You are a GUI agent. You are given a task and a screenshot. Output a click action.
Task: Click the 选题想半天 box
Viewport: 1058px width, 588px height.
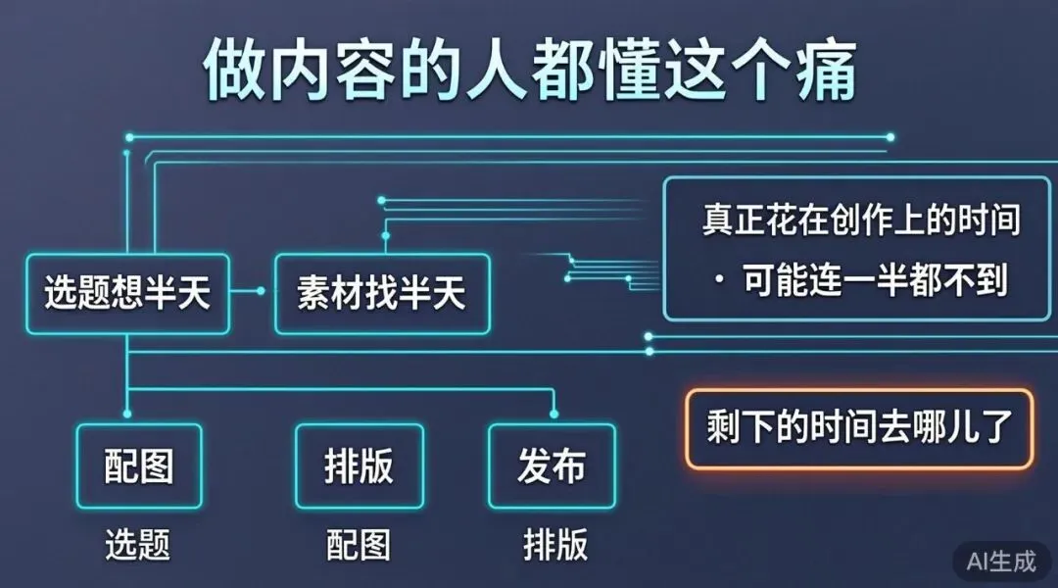127,293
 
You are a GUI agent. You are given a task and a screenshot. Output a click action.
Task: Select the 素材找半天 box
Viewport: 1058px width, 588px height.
382,293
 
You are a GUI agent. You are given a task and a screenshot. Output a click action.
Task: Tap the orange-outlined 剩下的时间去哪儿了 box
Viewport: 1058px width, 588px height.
858,428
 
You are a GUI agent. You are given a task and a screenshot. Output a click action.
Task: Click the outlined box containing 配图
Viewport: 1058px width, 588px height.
139,465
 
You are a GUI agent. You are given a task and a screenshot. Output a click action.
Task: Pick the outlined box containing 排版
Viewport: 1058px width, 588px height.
359,465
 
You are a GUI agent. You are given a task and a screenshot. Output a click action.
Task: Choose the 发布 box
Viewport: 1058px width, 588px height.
553,465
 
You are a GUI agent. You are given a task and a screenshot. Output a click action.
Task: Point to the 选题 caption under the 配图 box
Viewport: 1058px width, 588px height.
139,545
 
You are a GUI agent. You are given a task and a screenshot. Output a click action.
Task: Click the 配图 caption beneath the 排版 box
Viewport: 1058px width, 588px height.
359,545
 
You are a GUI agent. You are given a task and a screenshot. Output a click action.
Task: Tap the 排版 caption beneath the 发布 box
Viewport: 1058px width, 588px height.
554,545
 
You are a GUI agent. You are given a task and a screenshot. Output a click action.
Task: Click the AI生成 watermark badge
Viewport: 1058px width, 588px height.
1000,561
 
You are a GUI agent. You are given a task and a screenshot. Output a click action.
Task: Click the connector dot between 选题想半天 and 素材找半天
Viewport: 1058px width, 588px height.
261,291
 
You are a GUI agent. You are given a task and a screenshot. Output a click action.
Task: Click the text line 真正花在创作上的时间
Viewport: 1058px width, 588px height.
860,220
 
